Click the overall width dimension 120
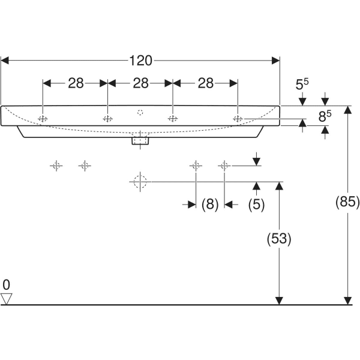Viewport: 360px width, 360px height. [140, 60]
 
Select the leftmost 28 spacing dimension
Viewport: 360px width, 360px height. [76, 83]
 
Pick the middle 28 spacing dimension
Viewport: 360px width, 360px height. [140, 83]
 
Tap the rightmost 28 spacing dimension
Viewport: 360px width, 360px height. [206, 83]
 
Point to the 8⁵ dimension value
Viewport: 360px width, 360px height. [324, 116]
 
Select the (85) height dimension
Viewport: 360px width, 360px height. [347, 202]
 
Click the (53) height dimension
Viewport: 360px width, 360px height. [278, 239]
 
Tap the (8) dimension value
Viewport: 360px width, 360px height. [209, 205]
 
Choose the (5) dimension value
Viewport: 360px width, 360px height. [256, 205]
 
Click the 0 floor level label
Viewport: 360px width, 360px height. [6, 284]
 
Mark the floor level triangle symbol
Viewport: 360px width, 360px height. [7, 298]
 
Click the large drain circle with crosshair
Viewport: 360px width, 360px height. [139, 181]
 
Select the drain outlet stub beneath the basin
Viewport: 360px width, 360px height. [140, 141]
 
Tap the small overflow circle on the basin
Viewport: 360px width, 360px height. [140, 112]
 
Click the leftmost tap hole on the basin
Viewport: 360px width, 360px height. [43, 119]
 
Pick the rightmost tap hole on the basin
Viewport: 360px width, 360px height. [238, 119]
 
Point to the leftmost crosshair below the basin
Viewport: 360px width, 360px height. [56, 165]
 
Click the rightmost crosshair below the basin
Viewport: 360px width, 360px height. [224, 165]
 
